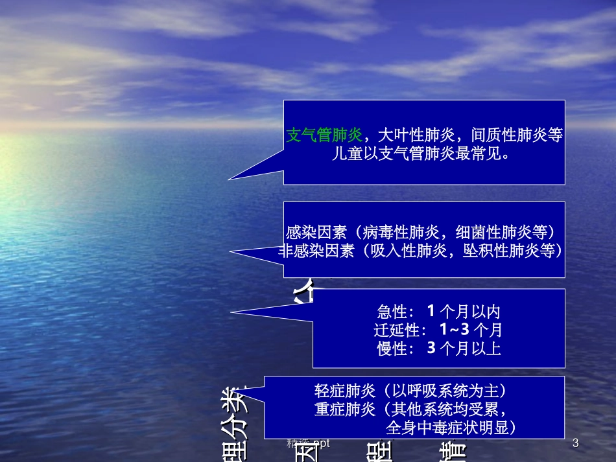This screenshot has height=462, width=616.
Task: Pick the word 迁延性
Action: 396,330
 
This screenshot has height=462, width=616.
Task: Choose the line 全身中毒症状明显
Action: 451,428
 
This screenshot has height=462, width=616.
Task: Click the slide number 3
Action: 575,444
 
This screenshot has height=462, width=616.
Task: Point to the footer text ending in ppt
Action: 309,444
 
